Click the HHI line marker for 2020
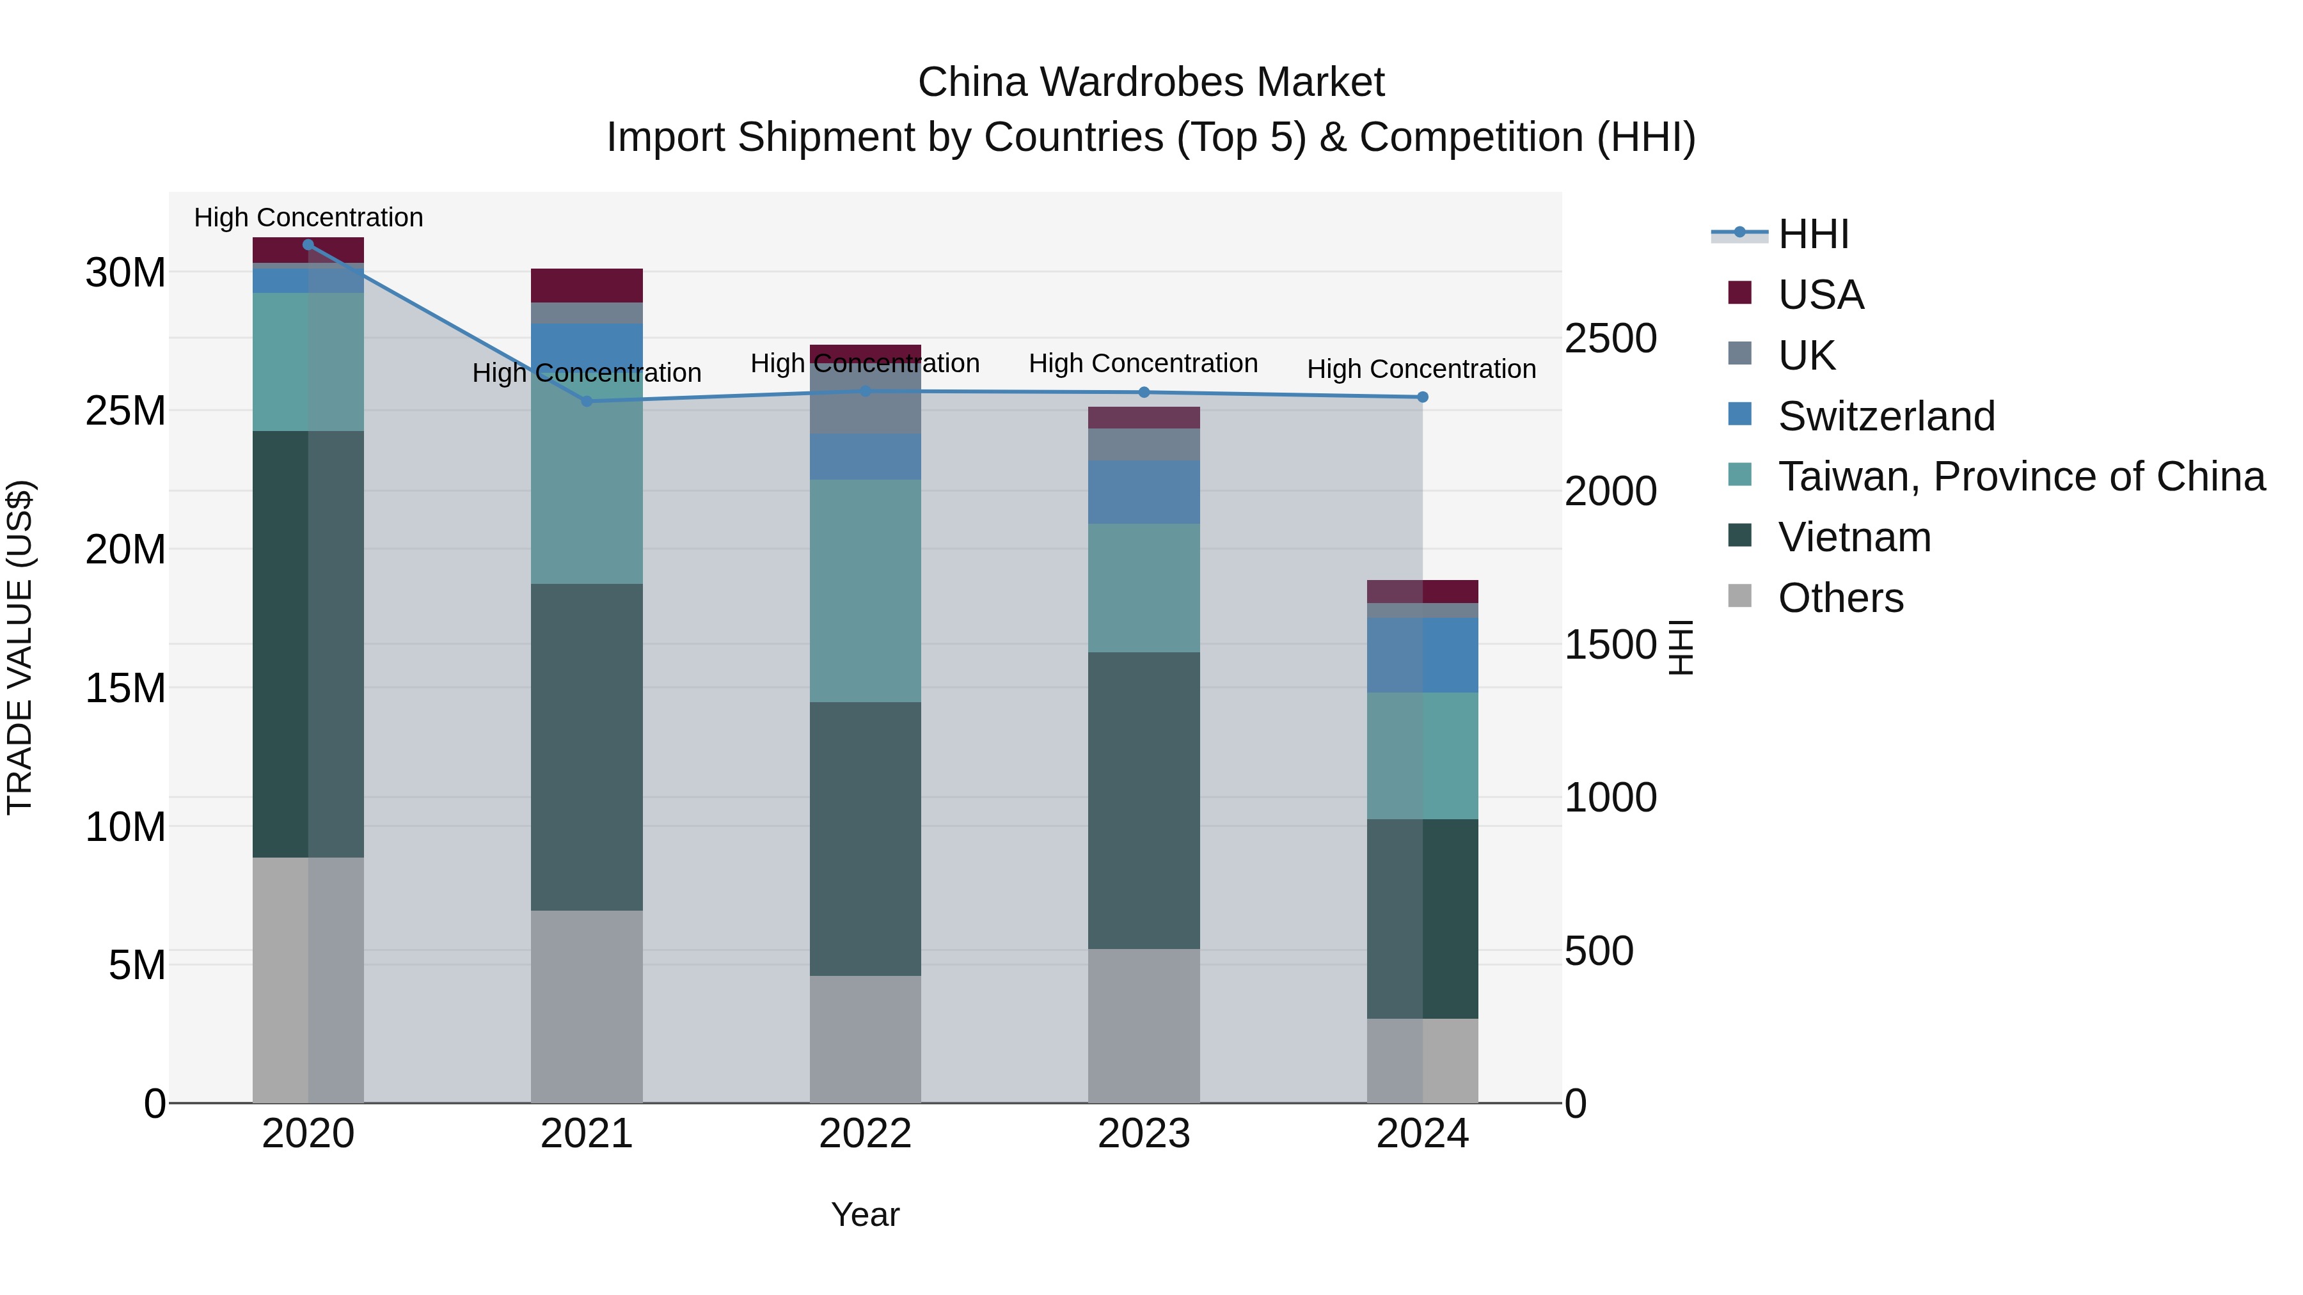[308, 245]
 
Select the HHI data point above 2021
[587, 401]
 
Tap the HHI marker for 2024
[1422, 396]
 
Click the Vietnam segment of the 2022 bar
[864, 838]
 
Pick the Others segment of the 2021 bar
[587, 1007]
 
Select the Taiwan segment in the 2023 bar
[1143, 588]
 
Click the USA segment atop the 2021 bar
[587, 286]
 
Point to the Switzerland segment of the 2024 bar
[1422, 655]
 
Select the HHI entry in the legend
[1812, 234]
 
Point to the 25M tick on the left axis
[125, 411]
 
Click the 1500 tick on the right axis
[1610, 645]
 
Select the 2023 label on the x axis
[1143, 1134]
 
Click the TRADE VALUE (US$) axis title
[20, 647]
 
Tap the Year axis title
[864, 1214]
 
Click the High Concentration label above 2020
[308, 218]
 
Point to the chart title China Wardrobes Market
[1151, 82]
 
